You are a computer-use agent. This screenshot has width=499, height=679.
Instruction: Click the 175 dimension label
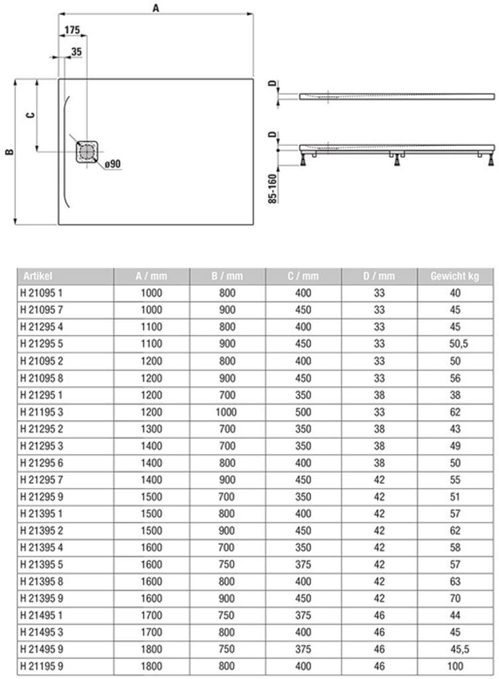[72, 30]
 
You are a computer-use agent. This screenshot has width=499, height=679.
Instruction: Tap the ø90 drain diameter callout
[112, 164]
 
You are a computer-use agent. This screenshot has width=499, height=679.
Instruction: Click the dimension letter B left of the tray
[9, 152]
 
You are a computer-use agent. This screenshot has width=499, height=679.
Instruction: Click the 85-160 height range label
[273, 188]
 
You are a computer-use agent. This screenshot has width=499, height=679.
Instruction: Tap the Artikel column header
[38, 276]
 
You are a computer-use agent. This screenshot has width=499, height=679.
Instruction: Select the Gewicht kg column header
[455, 276]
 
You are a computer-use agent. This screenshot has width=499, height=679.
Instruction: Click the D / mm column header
[379, 276]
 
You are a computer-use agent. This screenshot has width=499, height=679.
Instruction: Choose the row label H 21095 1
[41, 292]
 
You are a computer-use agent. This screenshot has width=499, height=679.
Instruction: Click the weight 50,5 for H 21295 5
[455, 344]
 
